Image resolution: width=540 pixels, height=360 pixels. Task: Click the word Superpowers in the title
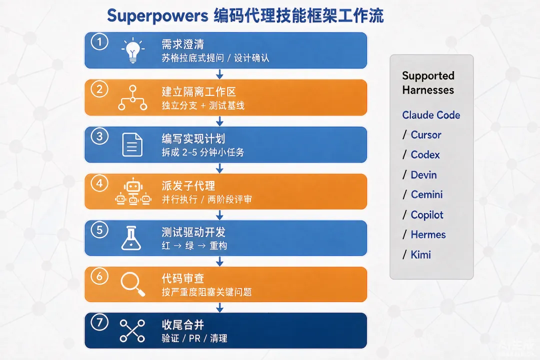[157, 16]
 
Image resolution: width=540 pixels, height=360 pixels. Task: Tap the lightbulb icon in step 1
[133, 50]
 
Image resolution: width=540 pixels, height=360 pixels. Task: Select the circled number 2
[99, 89]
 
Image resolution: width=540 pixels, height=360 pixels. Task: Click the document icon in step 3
[132, 144]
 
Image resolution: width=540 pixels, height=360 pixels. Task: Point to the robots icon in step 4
[133, 192]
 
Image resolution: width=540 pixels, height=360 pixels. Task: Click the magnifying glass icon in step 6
[133, 284]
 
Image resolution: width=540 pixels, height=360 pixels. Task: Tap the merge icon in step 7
[132, 330]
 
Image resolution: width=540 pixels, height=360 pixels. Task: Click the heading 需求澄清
[183, 44]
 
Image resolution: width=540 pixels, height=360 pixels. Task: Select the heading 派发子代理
[188, 186]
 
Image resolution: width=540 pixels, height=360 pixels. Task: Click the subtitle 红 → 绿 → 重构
[194, 245]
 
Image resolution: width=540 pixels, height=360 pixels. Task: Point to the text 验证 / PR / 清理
[194, 338]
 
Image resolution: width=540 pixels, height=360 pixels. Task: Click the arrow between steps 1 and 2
[219, 74]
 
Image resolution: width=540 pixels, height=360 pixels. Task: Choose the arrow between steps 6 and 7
[219, 307]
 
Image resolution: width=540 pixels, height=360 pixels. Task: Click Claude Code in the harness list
[431, 115]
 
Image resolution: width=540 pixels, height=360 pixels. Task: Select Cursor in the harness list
[426, 134]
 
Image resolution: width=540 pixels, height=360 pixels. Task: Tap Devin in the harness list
[423, 174]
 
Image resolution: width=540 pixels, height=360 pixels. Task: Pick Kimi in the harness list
[421, 254]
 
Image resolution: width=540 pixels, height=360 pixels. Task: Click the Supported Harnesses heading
[428, 82]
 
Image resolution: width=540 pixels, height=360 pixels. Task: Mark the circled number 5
[99, 230]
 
